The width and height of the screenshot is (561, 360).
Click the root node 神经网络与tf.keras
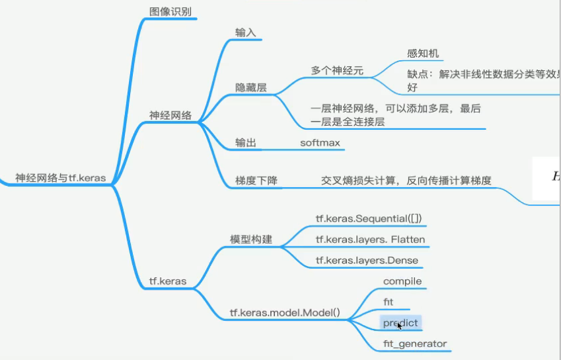(60, 178)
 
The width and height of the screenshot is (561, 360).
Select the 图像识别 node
(170, 11)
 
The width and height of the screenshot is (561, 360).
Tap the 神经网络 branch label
(170, 115)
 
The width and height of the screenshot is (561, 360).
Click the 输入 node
(245, 32)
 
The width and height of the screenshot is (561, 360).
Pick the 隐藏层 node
(251, 87)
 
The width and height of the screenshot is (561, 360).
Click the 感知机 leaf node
(423, 54)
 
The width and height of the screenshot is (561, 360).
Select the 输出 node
(245, 143)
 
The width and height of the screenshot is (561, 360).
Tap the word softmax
(320, 143)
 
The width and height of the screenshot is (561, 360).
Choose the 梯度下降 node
(256, 180)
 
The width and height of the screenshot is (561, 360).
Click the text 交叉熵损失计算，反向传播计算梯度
(406, 180)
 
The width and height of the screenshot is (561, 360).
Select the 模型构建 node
(251, 240)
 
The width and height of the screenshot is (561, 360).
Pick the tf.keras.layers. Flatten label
(370, 240)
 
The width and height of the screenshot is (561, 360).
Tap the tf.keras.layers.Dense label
(367, 260)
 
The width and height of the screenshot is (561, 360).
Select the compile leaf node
(402, 281)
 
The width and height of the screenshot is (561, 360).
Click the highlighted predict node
(400, 323)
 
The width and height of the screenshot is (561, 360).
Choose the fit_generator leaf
(415, 343)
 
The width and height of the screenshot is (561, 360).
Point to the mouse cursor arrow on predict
(399, 325)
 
